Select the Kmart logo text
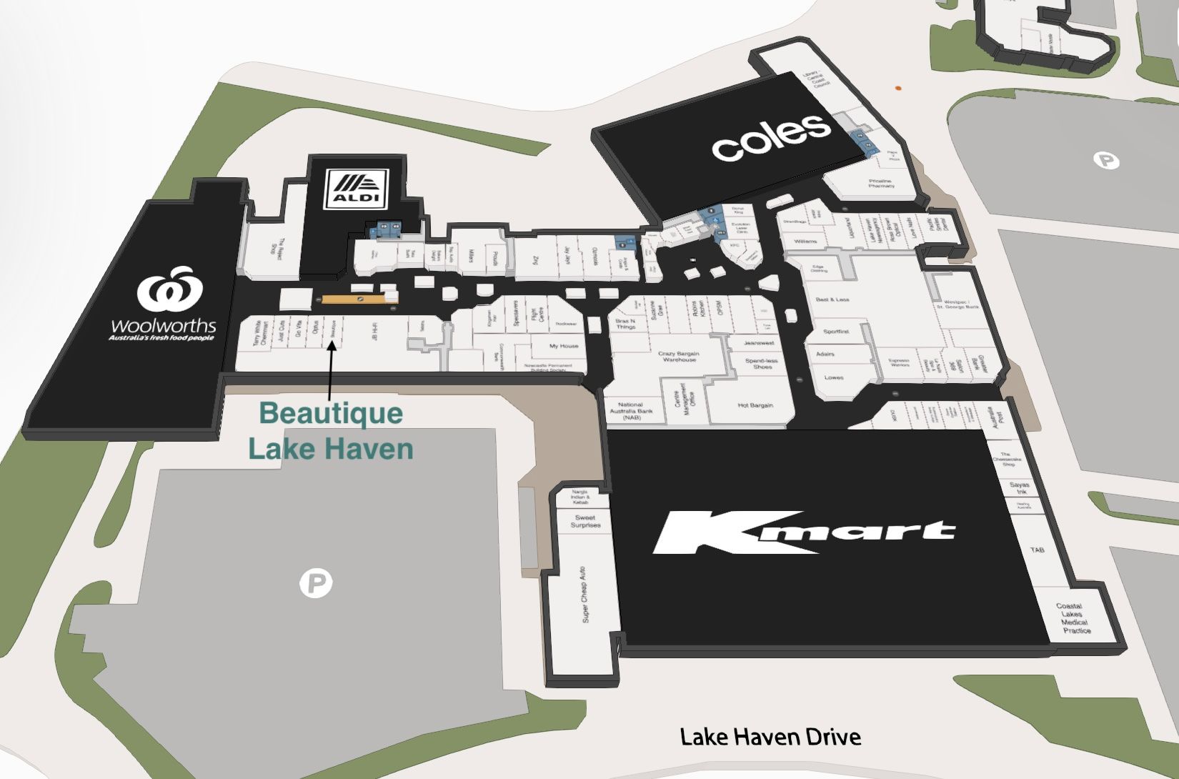[x=803, y=532]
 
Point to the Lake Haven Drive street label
[x=770, y=736]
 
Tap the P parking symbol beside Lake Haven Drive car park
[x=315, y=584]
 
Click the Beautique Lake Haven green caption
[x=331, y=431]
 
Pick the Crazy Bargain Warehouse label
[x=678, y=356]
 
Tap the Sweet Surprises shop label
[x=585, y=521]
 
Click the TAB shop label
[x=1037, y=550]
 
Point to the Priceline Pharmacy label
[x=880, y=184]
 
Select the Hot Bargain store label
[x=755, y=405]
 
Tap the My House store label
[x=564, y=346]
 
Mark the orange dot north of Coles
[x=898, y=88]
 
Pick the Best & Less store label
[x=832, y=299]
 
